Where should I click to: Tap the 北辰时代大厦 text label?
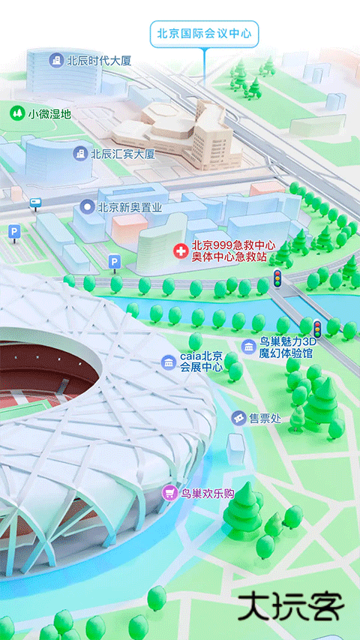tap(99, 60)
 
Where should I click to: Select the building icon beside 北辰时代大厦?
tap(55, 60)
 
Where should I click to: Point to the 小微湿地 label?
tap(49, 114)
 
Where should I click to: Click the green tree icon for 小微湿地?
tap(16, 113)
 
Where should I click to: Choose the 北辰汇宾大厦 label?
tap(122, 154)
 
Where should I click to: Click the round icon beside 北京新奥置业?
tap(87, 206)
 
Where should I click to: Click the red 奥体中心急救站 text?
tap(229, 257)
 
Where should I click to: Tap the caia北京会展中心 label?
tap(201, 362)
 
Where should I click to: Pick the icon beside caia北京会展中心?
tap(168, 362)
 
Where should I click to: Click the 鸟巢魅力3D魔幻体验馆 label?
tap(286, 347)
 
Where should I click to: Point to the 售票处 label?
tap(265, 418)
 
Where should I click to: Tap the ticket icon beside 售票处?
tap(238, 418)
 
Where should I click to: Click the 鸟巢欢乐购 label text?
tap(208, 494)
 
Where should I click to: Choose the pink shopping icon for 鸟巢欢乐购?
tap(170, 493)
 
